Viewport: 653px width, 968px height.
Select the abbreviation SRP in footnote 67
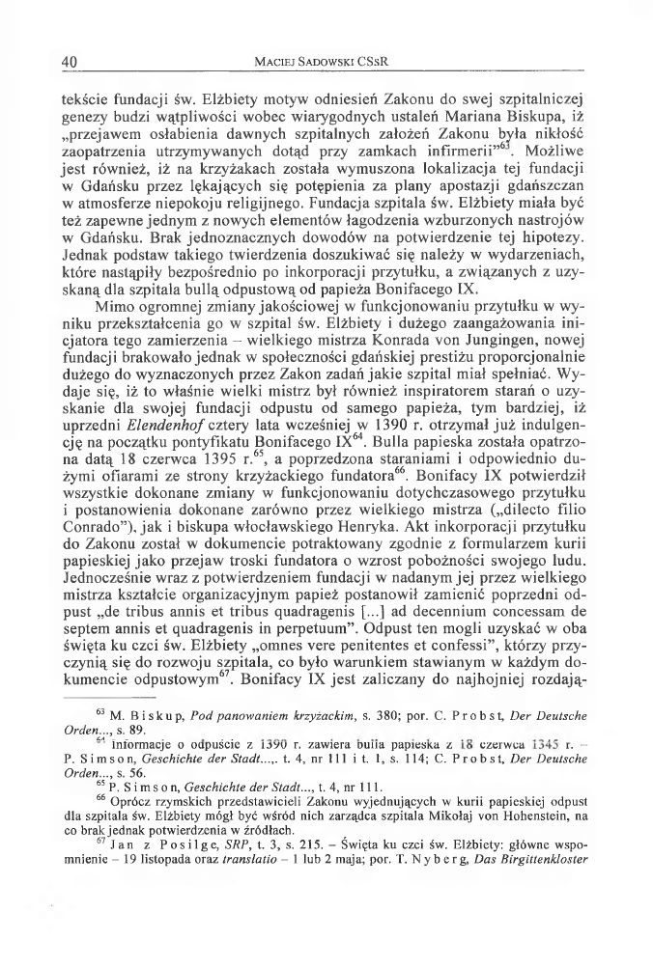(x=225, y=904)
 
